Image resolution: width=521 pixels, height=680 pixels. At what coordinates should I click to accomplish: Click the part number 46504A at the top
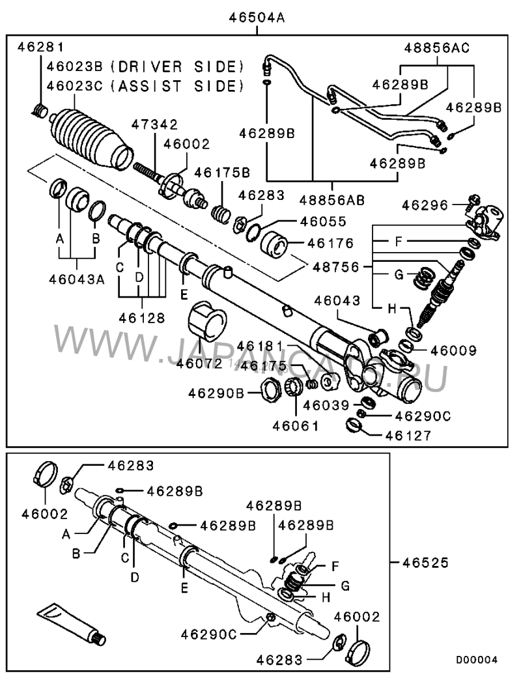[x=257, y=18]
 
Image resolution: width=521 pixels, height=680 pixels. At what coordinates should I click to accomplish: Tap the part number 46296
[x=425, y=206]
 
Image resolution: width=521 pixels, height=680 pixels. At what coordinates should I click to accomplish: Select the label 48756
[x=338, y=266]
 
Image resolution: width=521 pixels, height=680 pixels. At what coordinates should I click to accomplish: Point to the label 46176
[x=331, y=243]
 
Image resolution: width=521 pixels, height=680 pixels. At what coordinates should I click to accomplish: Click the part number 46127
[x=408, y=436]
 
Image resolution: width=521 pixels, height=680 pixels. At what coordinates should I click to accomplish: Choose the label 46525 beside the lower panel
[x=427, y=561]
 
